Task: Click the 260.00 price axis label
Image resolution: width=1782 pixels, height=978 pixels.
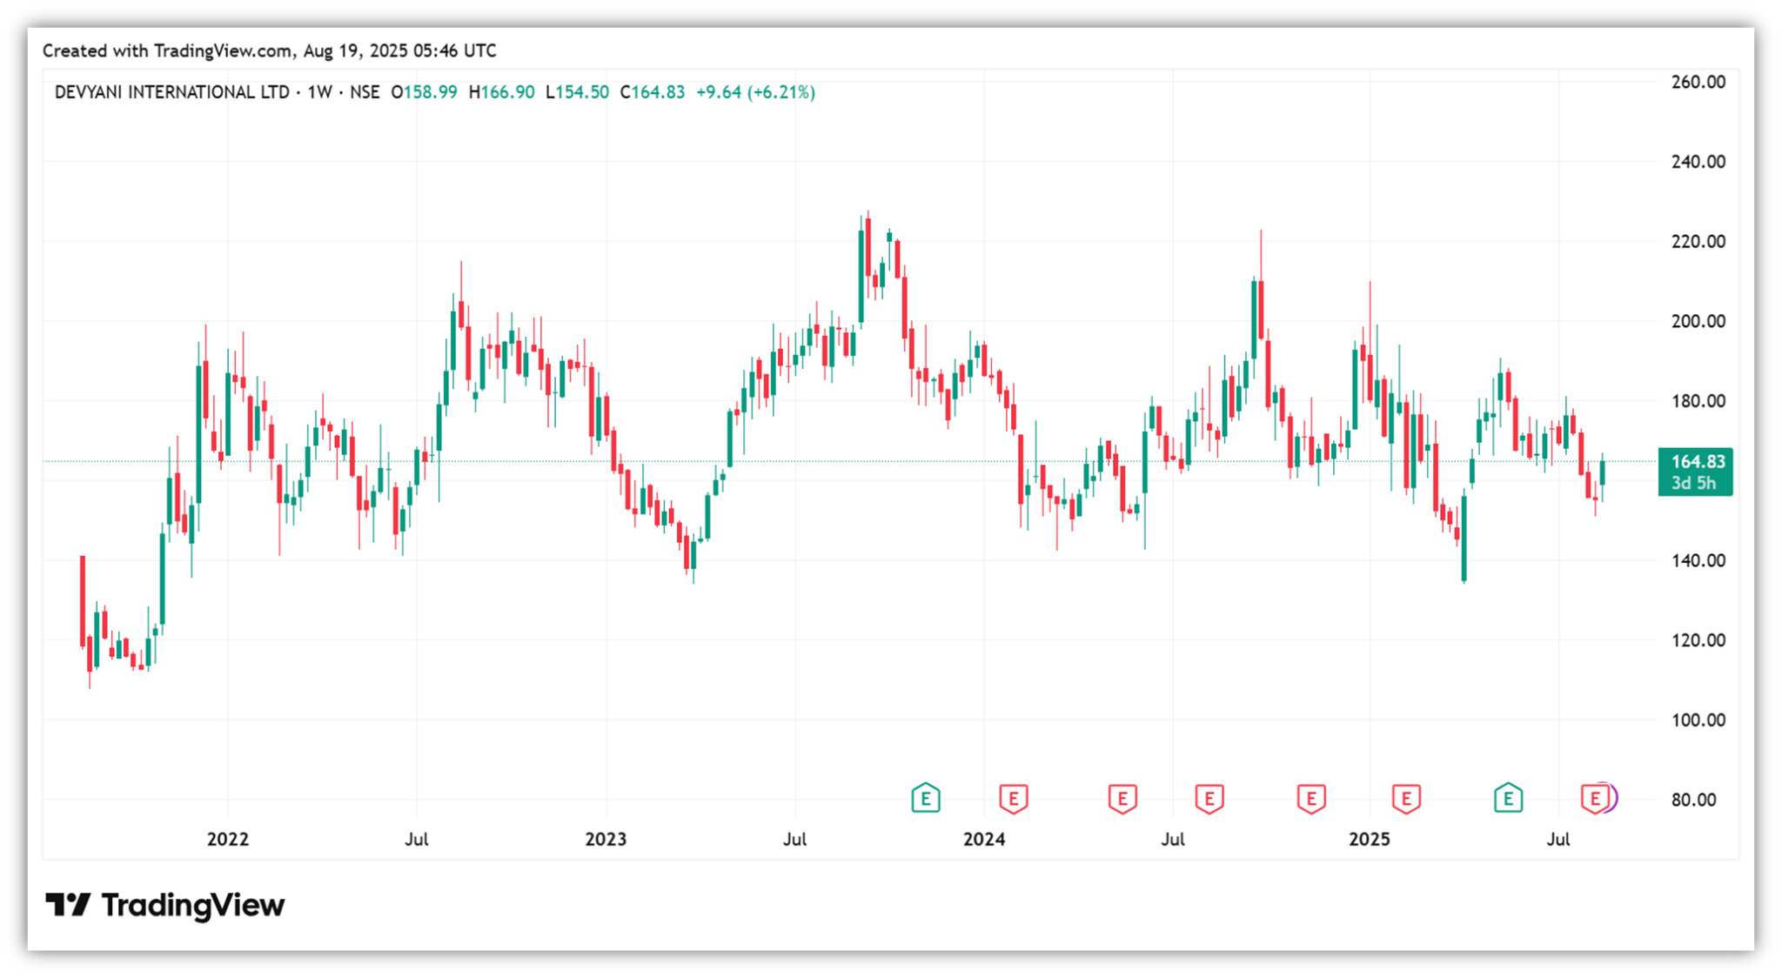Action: tap(1698, 82)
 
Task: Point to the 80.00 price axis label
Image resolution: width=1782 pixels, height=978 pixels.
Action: tap(1693, 800)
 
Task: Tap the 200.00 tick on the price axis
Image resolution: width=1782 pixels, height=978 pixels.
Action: tap(1698, 321)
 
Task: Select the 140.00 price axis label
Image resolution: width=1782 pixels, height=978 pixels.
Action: tap(1698, 560)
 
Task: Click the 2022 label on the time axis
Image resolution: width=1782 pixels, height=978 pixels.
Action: tap(227, 839)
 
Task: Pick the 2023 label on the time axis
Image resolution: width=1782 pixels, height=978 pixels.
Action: tap(606, 839)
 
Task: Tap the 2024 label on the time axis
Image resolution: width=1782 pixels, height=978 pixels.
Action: tap(984, 839)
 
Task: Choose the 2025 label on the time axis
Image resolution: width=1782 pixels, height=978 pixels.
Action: tap(1369, 839)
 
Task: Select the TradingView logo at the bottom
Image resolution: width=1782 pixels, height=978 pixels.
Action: tap(165, 905)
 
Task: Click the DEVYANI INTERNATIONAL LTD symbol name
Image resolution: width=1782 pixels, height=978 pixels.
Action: tap(171, 92)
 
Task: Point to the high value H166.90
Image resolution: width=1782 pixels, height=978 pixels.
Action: tap(501, 92)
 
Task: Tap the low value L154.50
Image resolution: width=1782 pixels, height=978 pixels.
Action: tap(577, 92)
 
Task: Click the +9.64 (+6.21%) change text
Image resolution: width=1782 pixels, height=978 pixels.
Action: tap(755, 92)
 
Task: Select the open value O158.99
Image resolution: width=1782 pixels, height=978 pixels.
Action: tap(424, 92)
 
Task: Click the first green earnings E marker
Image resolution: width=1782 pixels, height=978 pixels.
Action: tap(926, 797)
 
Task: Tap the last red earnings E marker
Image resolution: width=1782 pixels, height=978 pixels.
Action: tap(1594, 797)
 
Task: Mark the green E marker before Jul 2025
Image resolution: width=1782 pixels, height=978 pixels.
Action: tap(1508, 797)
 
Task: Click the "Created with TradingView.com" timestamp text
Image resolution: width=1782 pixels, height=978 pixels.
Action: tap(270, 50)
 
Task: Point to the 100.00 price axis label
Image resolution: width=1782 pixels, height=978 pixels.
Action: tap(1698, 720)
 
